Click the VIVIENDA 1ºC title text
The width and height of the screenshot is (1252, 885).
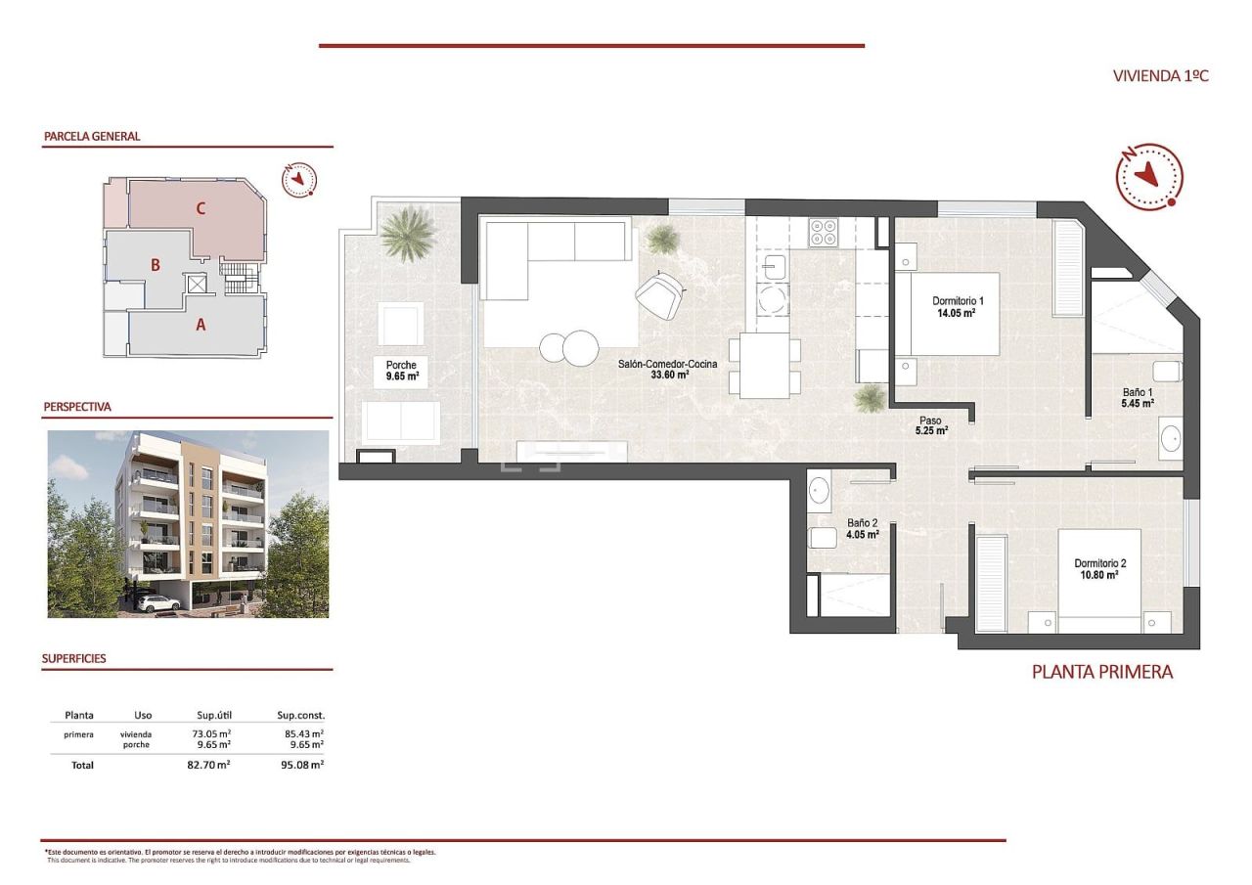tap(1161, 75)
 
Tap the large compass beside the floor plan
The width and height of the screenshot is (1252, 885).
tap(1149, 177)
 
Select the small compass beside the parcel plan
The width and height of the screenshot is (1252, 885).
tap(299, 180)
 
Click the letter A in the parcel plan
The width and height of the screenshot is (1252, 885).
tap(201, 326)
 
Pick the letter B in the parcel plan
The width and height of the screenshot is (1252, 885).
tap(155, 264)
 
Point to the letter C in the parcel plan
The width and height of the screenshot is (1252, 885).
tap(201, 207)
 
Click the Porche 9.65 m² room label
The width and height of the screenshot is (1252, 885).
tap(401, 371)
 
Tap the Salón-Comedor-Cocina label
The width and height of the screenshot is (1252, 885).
tap(667, 369)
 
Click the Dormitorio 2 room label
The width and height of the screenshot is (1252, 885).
tap(1100, 569)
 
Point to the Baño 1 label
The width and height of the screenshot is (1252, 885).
tap(1138, 397)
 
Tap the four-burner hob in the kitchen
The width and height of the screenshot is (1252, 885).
tap(823, 232)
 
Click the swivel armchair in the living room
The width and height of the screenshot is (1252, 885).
tap(660, 293)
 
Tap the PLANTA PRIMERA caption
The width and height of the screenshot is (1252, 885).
tap(1102, 672)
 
